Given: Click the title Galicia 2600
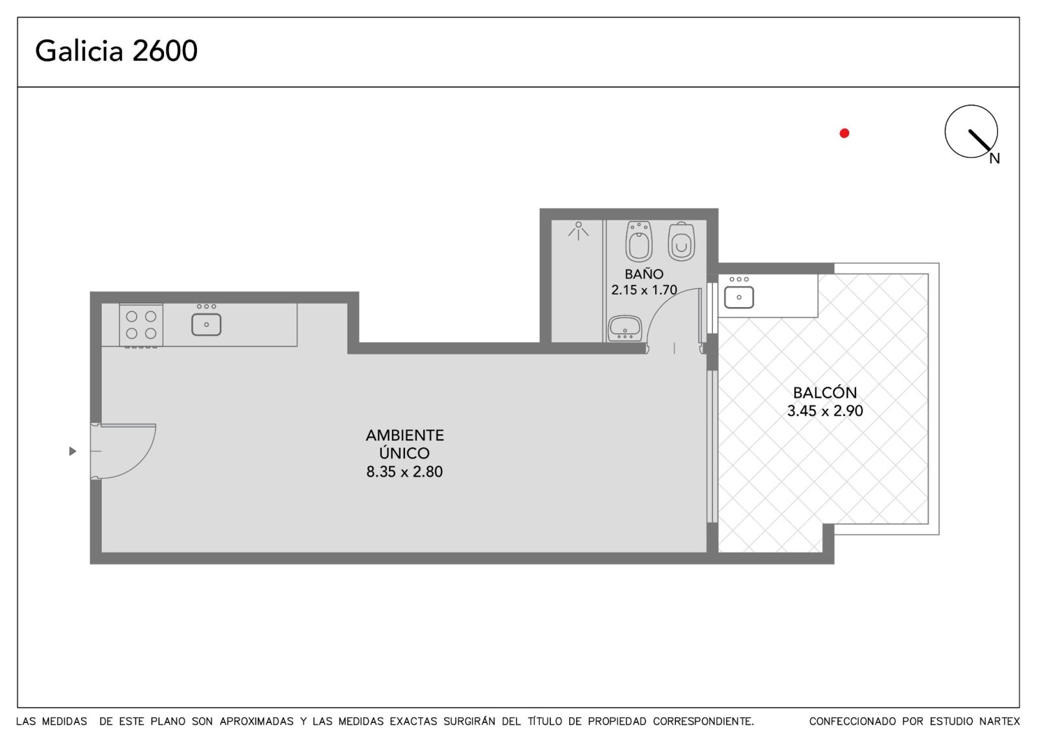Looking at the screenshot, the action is click(116, 51).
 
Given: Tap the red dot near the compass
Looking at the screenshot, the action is click(845, 133).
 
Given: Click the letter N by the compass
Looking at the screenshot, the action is click(995, 159).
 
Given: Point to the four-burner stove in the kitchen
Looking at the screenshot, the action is click(141, 325).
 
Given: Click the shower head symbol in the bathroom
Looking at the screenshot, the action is click(579, 231).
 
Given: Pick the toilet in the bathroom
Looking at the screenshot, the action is click(681, 242).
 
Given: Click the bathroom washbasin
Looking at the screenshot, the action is click(625, 328).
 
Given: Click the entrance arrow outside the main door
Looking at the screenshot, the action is click(73, 451).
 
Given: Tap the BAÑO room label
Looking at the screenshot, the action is click(644, 273).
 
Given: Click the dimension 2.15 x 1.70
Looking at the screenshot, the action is click(644, 290).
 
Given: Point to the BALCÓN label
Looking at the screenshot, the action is click(825, 393).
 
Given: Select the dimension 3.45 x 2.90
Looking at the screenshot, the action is click(825, 411).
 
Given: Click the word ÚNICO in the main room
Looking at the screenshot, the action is click(404, 453).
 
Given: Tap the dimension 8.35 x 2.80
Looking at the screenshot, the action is click(404, 472).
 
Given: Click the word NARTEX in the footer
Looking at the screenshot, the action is click(999, 722).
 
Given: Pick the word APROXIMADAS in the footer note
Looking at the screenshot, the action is click(257, 722).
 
